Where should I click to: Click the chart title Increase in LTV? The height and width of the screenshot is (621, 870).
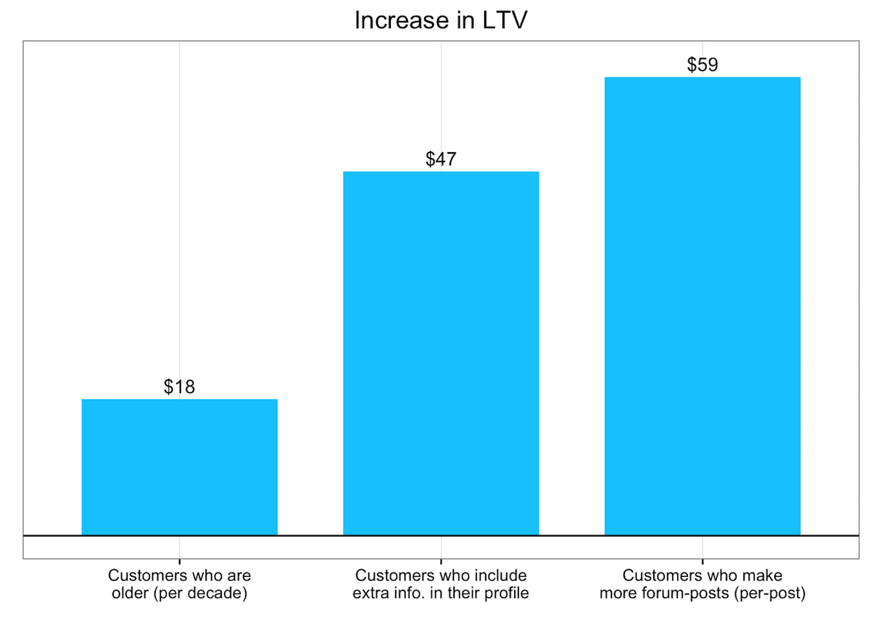pos(440,20)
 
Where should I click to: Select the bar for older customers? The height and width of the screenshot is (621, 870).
pos(179,467)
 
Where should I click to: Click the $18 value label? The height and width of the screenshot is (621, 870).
pos(179,387)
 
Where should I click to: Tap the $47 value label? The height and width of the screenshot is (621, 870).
pos(441,159)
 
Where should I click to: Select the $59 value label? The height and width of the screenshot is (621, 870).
pos(702,65)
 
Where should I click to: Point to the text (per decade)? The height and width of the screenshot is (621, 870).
pos(201,594)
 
